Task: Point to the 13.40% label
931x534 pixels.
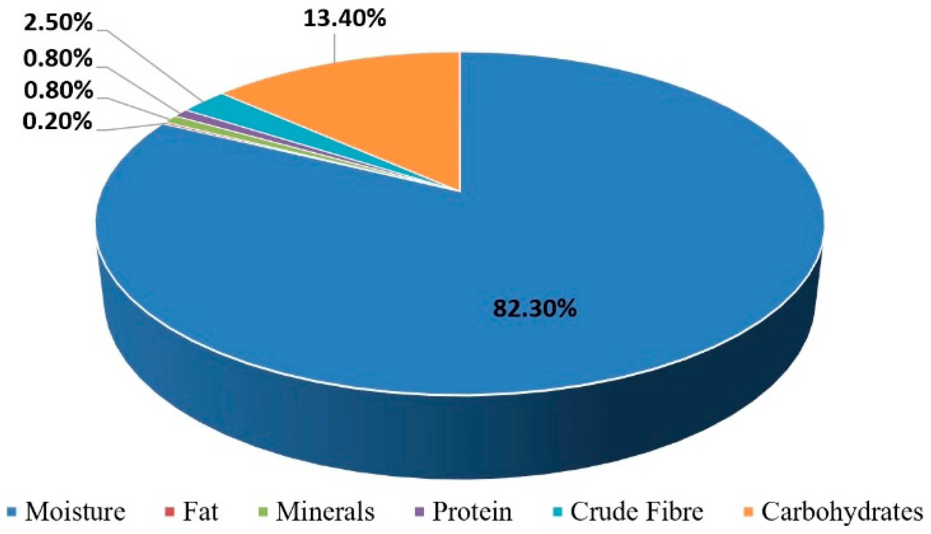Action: click(x=345, y=18)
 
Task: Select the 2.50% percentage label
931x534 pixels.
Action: click(x=58, y=23)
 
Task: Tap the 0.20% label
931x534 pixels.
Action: click(x=58, y=122)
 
